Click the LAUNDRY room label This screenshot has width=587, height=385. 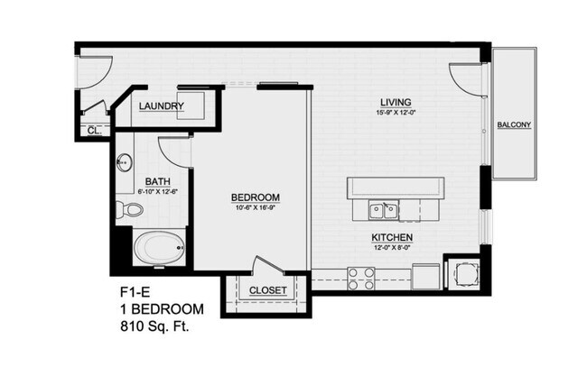163,106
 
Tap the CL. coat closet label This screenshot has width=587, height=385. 94,131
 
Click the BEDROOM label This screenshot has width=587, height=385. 255,197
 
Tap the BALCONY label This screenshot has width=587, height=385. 514,124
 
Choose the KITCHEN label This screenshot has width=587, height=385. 393,238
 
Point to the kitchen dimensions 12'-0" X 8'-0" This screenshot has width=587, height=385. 392,248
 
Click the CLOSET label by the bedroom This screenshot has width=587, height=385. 267,290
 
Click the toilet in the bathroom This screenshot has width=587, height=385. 131,210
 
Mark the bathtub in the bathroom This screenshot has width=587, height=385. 157,246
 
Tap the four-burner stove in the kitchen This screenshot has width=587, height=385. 361,280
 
